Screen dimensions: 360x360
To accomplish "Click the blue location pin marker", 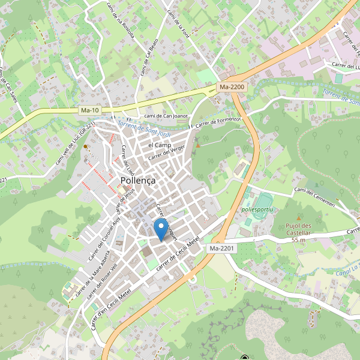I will [x=161, y=229].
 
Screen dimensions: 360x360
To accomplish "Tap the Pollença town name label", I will [x=138, y=180].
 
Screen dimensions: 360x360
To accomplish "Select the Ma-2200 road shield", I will [x=232, y=88].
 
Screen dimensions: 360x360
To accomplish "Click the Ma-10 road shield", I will [x=89, y=110].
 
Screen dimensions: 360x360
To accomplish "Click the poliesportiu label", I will [x=257, y=210].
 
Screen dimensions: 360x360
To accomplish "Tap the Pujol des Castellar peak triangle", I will [x=298, y=218].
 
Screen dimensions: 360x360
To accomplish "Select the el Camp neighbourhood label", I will [x=160, y=145].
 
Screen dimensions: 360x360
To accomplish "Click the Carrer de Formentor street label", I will [x=215, y=122].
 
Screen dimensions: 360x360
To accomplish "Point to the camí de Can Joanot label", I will [x=166, y=116].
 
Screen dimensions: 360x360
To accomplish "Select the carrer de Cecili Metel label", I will [x=177, y=253].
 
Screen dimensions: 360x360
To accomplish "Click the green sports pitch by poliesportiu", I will [x=263, y=199].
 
